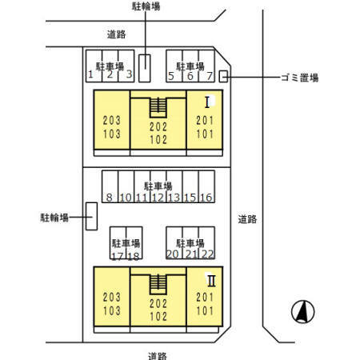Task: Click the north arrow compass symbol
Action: coord(302,310)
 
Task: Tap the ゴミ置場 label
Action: coord(299,78)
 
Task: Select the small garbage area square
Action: coord(224,76)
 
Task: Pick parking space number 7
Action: coord(209,76)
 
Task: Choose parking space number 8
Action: coord(108,198)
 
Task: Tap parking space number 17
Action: coord(118,256)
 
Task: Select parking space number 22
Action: coord(208,254)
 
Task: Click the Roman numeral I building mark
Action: coord(207,102)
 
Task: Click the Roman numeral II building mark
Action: coord(211,280)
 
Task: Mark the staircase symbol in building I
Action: coord(158,106)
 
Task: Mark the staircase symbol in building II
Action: coord(158,283)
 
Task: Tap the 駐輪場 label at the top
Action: coord(145,6)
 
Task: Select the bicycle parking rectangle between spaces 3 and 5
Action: coord(144,67)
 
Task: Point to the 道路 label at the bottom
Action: coord(157,354)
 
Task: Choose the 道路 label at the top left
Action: coord(116,34)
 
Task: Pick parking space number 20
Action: coord(172,254)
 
